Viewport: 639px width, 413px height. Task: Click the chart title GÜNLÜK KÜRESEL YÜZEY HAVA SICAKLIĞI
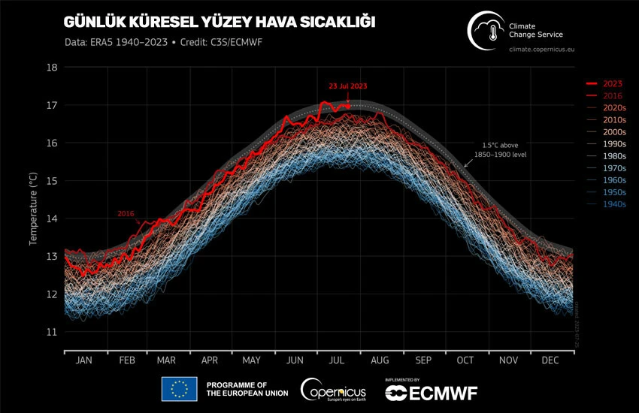(x=219, y=22)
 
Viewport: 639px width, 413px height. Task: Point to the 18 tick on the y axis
(x=53, y=67)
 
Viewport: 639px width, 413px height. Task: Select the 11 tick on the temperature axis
(x=53, y=331)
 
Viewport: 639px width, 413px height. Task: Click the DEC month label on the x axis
(x=550, y=360)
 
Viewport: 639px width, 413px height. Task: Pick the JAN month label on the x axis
(x=84, y=360)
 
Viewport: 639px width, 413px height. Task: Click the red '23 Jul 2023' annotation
(x=348, y=86)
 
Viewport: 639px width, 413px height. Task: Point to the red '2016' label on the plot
(x=126, y=214)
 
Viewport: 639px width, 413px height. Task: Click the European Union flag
(x=179, y=389)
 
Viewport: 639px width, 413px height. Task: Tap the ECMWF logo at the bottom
(x=431, y=391)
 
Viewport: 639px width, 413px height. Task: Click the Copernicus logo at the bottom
(x=334, y=390)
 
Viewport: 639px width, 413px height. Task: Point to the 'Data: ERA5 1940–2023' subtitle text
(x=113, y=42)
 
